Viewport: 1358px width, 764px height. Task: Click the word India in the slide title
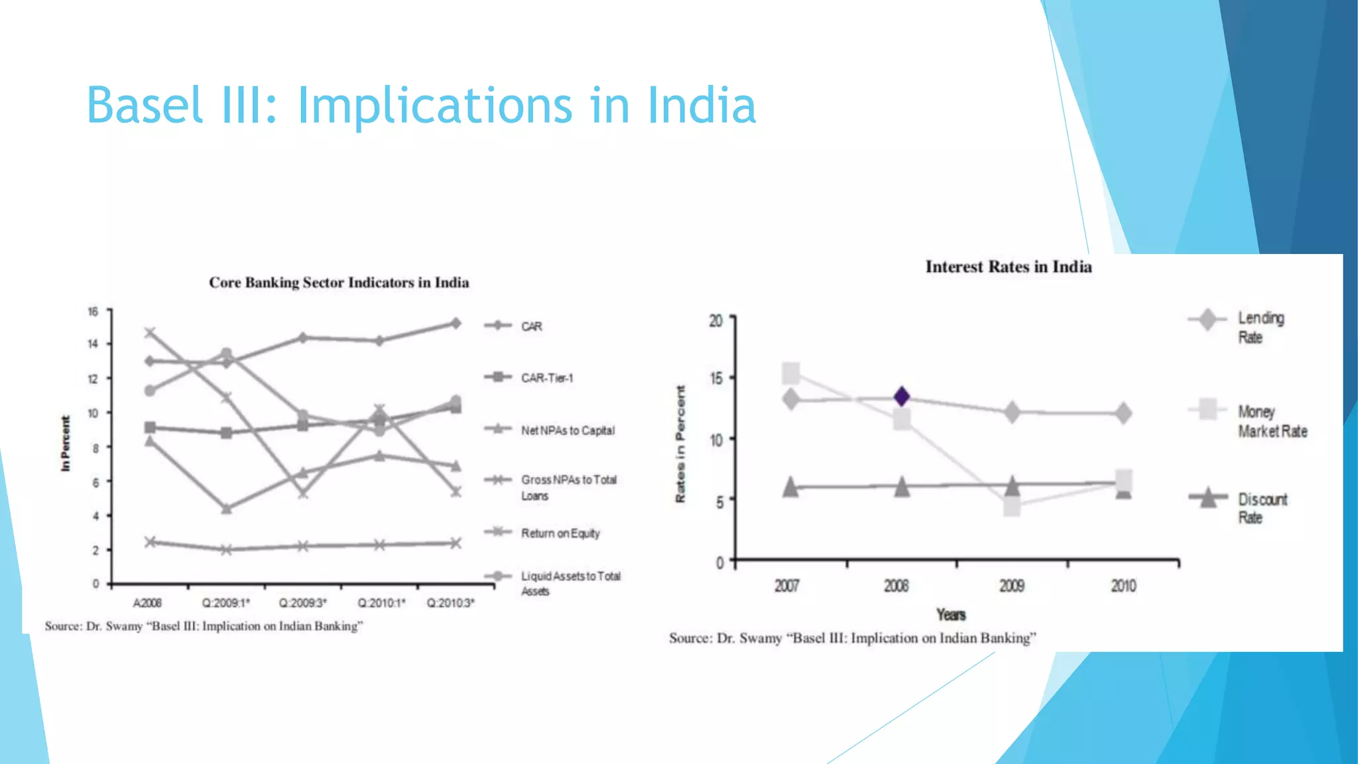(702, 106)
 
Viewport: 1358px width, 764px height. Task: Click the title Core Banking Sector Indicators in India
(339, 283)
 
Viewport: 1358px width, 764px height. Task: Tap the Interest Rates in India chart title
(1008, 267)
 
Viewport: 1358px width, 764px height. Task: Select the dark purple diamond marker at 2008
(901, 397)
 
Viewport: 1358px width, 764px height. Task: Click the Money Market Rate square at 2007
(790, 373)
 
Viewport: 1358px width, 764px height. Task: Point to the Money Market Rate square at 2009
(1012, 507)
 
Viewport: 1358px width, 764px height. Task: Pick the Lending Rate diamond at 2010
(1123, 413)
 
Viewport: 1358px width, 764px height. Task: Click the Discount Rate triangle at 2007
(790, 487)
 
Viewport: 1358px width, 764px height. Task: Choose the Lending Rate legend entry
(1260, 328)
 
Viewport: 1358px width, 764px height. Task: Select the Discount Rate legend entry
(1261, 508)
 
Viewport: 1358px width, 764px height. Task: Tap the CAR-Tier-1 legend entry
(546, 378)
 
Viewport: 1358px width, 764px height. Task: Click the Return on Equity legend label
(560, 533)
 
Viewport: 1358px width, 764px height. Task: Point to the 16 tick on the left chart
(93, 312)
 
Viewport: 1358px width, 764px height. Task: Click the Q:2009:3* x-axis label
(303, 603)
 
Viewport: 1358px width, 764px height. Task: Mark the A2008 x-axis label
(147, 603)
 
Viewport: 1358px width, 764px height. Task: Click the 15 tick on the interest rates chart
(716, 379)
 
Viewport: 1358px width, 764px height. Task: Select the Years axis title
(951, 615)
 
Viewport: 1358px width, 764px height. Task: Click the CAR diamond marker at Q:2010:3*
(456, 324)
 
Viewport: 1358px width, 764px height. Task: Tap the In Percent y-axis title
(65, 443)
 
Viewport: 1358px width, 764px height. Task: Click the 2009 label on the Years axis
(1012, 586)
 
